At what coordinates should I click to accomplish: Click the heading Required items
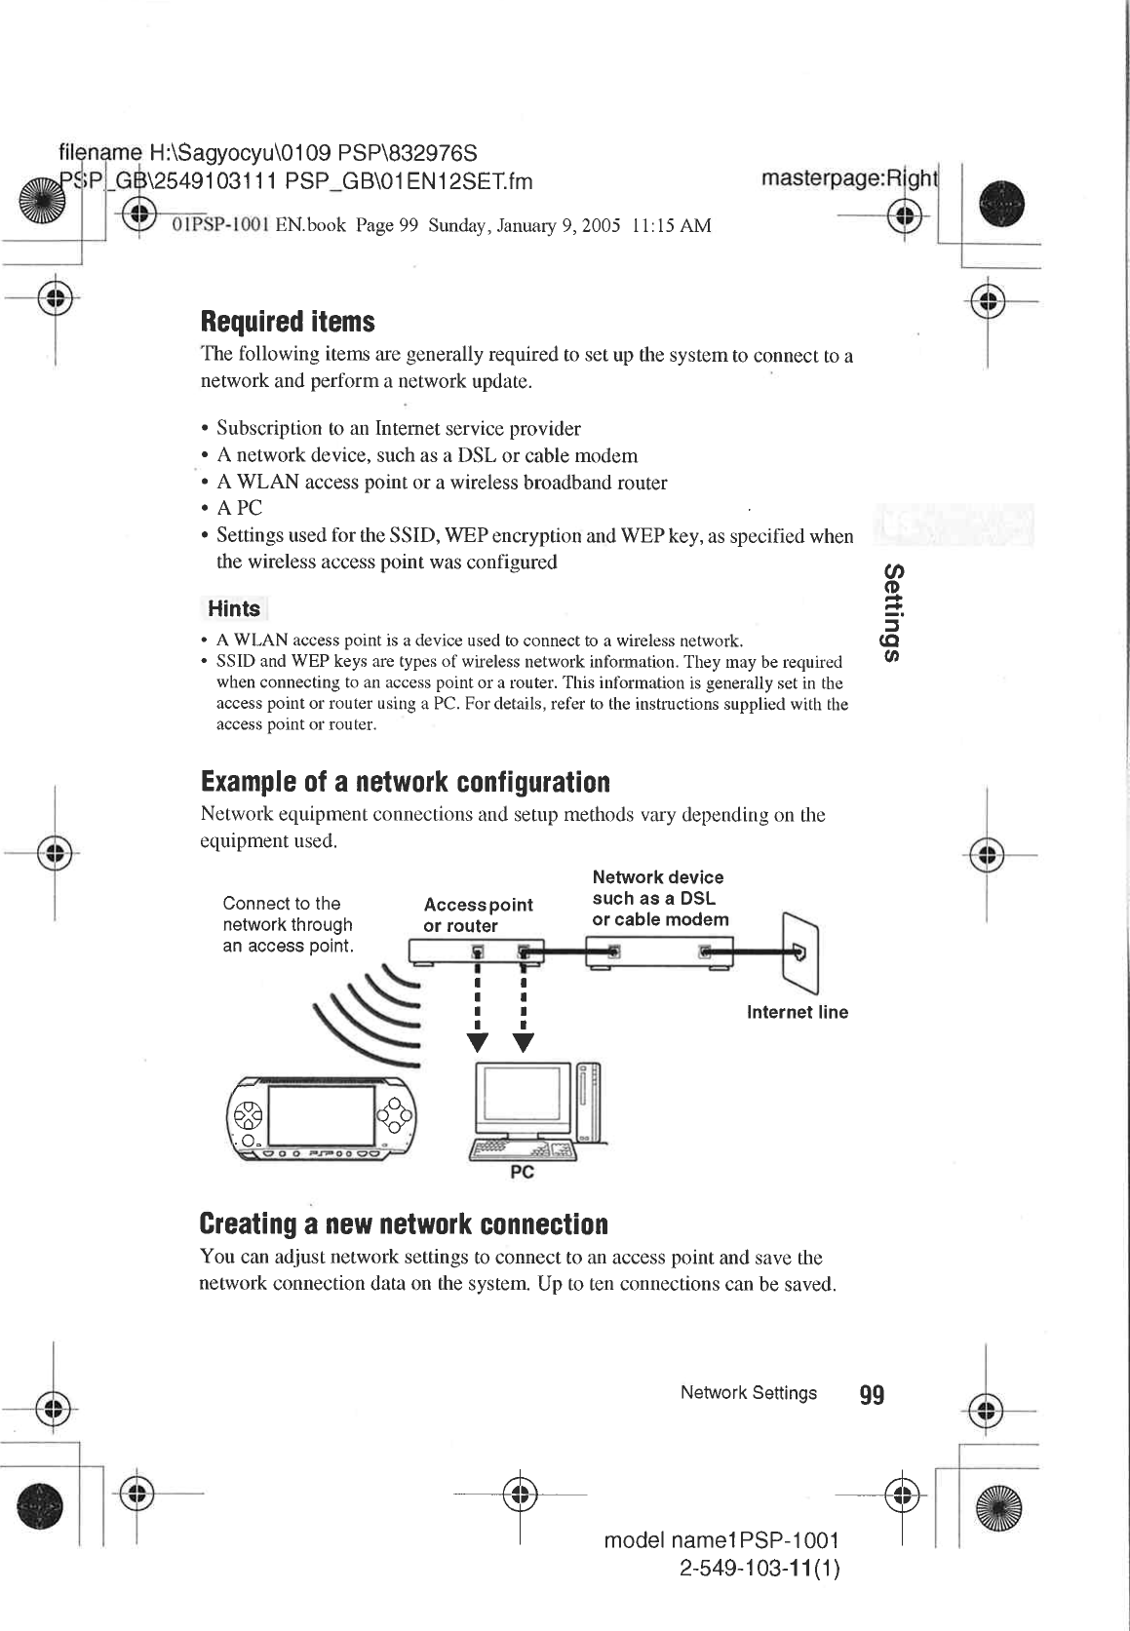(x=287, y=322)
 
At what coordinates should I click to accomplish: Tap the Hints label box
(x=234, y=609)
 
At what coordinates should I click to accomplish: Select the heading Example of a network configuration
(x=405, y=782)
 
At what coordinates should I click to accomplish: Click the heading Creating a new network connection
(x=403, y=1223)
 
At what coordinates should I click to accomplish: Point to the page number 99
(x=872, y=1395)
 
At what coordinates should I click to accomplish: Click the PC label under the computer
(x=523, y=1173)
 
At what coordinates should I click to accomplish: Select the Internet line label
(x=797, y=1012)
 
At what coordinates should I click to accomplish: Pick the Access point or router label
(x=478, y=914)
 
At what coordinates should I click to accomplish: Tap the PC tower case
(x=589, y=1102)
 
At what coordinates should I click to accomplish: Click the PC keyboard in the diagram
(x=524, y=1151)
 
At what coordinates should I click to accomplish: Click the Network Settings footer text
(x=748, y=1393)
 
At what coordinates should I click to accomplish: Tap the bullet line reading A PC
(x=239, y=508)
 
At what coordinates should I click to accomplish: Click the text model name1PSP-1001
(x=721, y=1540)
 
